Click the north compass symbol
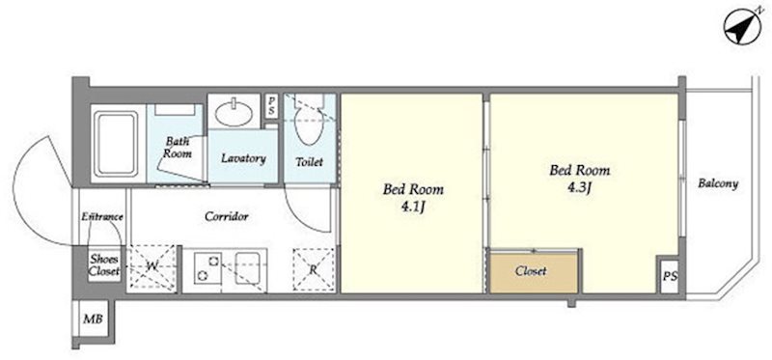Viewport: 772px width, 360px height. pos(743,27)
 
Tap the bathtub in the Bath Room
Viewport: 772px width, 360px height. pos(116,143)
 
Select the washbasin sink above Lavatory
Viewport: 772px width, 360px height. pos(234,113)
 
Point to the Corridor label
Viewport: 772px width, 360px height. pos(227,216)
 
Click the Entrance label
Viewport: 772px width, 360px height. pos(102,217)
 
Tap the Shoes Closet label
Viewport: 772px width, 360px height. pos(104,264)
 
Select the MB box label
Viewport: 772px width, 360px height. pos(93,319)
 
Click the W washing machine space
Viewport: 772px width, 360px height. pos(152,267)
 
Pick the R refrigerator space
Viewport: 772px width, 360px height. pos(314,269)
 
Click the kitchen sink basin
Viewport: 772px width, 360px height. pos(250,268)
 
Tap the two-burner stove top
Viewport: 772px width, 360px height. pos(207,268)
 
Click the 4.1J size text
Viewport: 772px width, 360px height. pos(413,207)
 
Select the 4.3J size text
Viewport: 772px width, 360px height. pos(580,187)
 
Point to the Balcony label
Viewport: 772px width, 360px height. pos(718,184)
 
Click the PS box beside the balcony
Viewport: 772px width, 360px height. pos(670,276)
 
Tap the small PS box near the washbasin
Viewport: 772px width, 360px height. pos(271,106)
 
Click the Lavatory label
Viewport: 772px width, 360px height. pos(243,158)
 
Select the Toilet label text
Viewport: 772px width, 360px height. pos(309,161)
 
